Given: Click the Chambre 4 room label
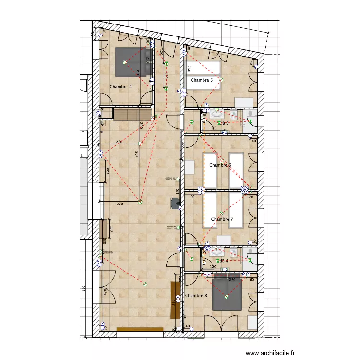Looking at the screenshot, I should (x=120, y=87).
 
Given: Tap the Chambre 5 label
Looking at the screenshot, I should (x=202, y=80).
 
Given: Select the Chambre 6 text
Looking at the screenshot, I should (x=220, y=165).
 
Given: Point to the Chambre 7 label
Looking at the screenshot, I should (x=222, y=219).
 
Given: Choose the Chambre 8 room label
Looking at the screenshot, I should (x=196, y=295).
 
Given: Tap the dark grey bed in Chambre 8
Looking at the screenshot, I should (x=227, y=292).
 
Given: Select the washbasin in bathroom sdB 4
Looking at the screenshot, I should (x=217, y=251).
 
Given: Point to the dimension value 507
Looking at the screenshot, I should (x=137, y=155).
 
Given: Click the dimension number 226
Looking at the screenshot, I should (x=120, y=142).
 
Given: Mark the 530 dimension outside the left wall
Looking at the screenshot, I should (x=84, y=289).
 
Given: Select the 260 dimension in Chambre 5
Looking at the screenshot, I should (x=189, y=69).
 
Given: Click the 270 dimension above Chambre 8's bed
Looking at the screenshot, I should (x=232, y=279).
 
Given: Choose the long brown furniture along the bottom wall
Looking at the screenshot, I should (x=140, y=329).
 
